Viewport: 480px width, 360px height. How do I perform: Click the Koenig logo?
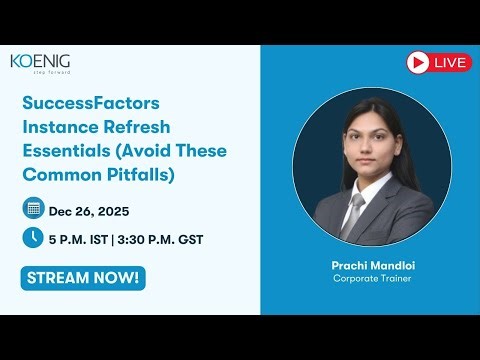(x=40, y=62)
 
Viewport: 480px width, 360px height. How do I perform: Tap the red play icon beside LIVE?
(x=418, y=62)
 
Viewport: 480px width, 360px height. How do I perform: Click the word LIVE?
(x=451, y=62)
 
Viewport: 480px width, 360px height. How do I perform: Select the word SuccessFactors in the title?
(x=92, y=103)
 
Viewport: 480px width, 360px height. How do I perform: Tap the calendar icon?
(x=33, y=209)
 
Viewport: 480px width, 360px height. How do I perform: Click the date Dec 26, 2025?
(x=89, y=211)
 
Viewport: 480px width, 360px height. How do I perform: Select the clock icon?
(x=33, y=238)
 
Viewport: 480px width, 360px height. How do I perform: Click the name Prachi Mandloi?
(x=371, y=264)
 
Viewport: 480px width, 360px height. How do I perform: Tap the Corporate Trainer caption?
(x=371, y=278)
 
